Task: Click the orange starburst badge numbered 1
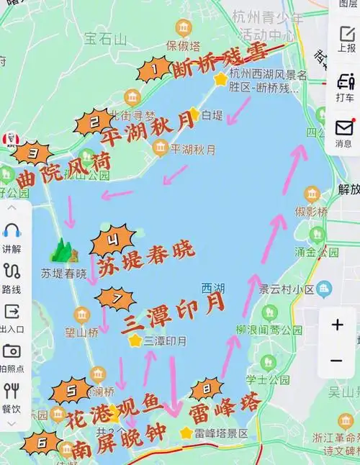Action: (153, 70)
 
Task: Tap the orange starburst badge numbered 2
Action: (93, 122)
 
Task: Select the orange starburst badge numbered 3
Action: (32, 153)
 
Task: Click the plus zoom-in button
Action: (337, 325)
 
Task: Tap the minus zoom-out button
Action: (337, 360)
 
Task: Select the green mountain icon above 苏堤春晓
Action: (63, 250)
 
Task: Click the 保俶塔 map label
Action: (181, 44)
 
